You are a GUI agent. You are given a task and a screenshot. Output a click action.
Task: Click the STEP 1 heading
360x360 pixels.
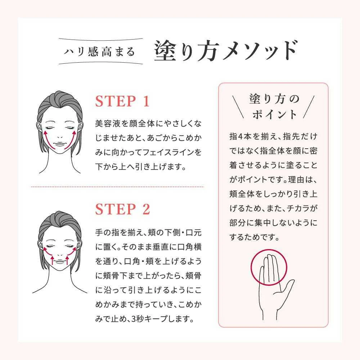(x=122, y=101)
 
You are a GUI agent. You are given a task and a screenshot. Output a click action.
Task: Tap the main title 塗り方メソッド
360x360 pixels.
(x=226, y=50)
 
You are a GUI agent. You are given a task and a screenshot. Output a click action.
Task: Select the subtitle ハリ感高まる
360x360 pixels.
(x=99, y=51)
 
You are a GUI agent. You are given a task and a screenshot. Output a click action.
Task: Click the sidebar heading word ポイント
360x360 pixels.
(x=275, y=114)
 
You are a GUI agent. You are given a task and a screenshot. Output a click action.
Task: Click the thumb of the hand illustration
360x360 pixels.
(x=287, y=287)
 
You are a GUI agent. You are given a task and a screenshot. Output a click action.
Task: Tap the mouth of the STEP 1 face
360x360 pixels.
(x=60, y=144)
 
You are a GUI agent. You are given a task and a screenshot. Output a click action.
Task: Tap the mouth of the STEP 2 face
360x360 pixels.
(x=60, y=261)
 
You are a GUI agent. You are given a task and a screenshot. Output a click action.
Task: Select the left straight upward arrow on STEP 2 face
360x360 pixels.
(x=52, y=260)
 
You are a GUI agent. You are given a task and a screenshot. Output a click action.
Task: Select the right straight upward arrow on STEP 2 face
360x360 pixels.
(x=67, y=260)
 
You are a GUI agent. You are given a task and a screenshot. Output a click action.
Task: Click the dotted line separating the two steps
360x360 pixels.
(x=117, y=187)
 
